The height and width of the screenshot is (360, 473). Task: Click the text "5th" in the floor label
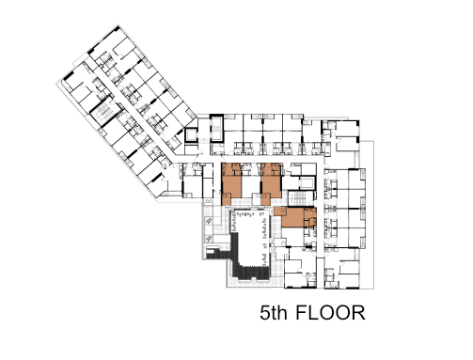tap(274, 312)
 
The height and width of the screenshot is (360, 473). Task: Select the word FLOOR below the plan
tap(330, 312)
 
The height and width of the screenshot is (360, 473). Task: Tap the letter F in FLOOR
tap(301, 312)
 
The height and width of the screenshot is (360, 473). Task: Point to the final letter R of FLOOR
tap(359, 312)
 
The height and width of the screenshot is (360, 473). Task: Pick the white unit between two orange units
tap(251, 184)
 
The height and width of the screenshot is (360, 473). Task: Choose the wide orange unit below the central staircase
tap(295, 216)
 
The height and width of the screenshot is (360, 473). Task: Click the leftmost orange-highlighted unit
tap(231, 184)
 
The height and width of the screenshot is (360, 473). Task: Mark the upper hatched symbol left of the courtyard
tap(209, 222)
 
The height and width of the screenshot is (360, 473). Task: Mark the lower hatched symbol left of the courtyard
tap(209, 239)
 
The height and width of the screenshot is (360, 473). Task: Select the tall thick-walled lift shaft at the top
tap(217, 129)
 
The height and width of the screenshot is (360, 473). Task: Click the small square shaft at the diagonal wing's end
tap(191, 135)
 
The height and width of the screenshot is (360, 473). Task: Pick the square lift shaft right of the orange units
tap(306, 183)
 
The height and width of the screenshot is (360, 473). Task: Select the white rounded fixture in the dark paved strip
tap(211, 251)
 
